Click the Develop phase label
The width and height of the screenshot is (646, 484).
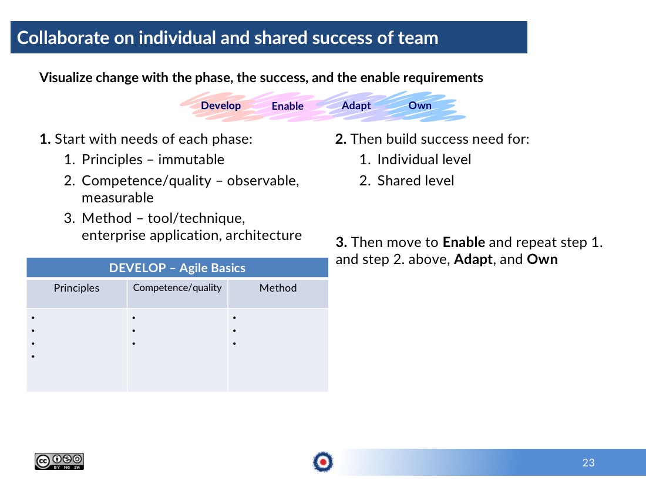[x=221, y=106]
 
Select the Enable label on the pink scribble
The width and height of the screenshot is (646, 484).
[x=288, y=106]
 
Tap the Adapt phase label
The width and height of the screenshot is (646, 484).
[x=356, y=106]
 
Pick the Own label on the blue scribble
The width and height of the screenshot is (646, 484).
[x=420, y=106]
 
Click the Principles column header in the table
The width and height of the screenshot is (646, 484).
[x=76, y=288]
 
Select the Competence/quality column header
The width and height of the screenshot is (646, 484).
[x=177, y=287]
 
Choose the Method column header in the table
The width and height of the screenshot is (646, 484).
[x=278, y=288]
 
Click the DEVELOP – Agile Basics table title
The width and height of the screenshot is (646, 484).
[x=177, y=268]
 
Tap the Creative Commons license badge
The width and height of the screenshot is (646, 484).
[x=59, y=461]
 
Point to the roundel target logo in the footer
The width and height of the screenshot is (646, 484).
[x=323, y=462]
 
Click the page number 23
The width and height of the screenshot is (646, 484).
[x=588, y=463]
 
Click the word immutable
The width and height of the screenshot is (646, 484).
[x=191, y=160]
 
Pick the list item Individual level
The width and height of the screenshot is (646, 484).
[x=424, y=160]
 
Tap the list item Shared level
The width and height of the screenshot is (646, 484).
[x=416, y=181]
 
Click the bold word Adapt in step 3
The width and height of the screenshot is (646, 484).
[x=473, y=259]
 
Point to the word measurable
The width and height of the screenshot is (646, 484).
[x=117, y=198]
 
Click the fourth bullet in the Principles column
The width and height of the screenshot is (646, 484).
[x=33, y=357]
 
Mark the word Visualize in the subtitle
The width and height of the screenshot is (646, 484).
[x=66, y=77]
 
